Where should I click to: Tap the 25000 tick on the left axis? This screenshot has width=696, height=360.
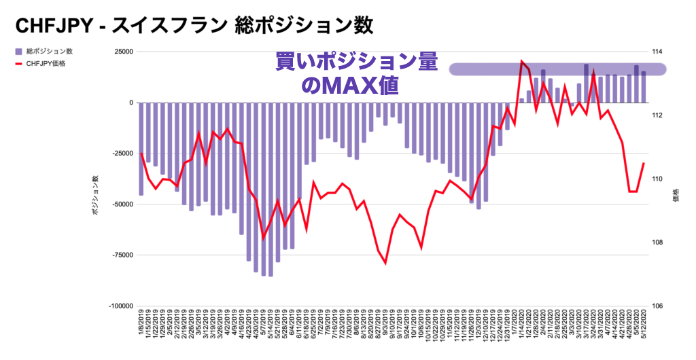(x=123, y=52)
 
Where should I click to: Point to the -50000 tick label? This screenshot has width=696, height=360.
(x=122, y=204)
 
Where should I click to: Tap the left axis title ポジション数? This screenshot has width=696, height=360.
(x=96, y=196)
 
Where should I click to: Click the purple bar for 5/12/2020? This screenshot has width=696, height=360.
(x=644, y=87)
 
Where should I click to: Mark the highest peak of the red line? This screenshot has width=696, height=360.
(x=521, y=62)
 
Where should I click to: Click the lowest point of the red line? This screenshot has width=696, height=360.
(x=385, y=262)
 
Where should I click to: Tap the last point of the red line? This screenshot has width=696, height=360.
(x=644, y=163)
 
